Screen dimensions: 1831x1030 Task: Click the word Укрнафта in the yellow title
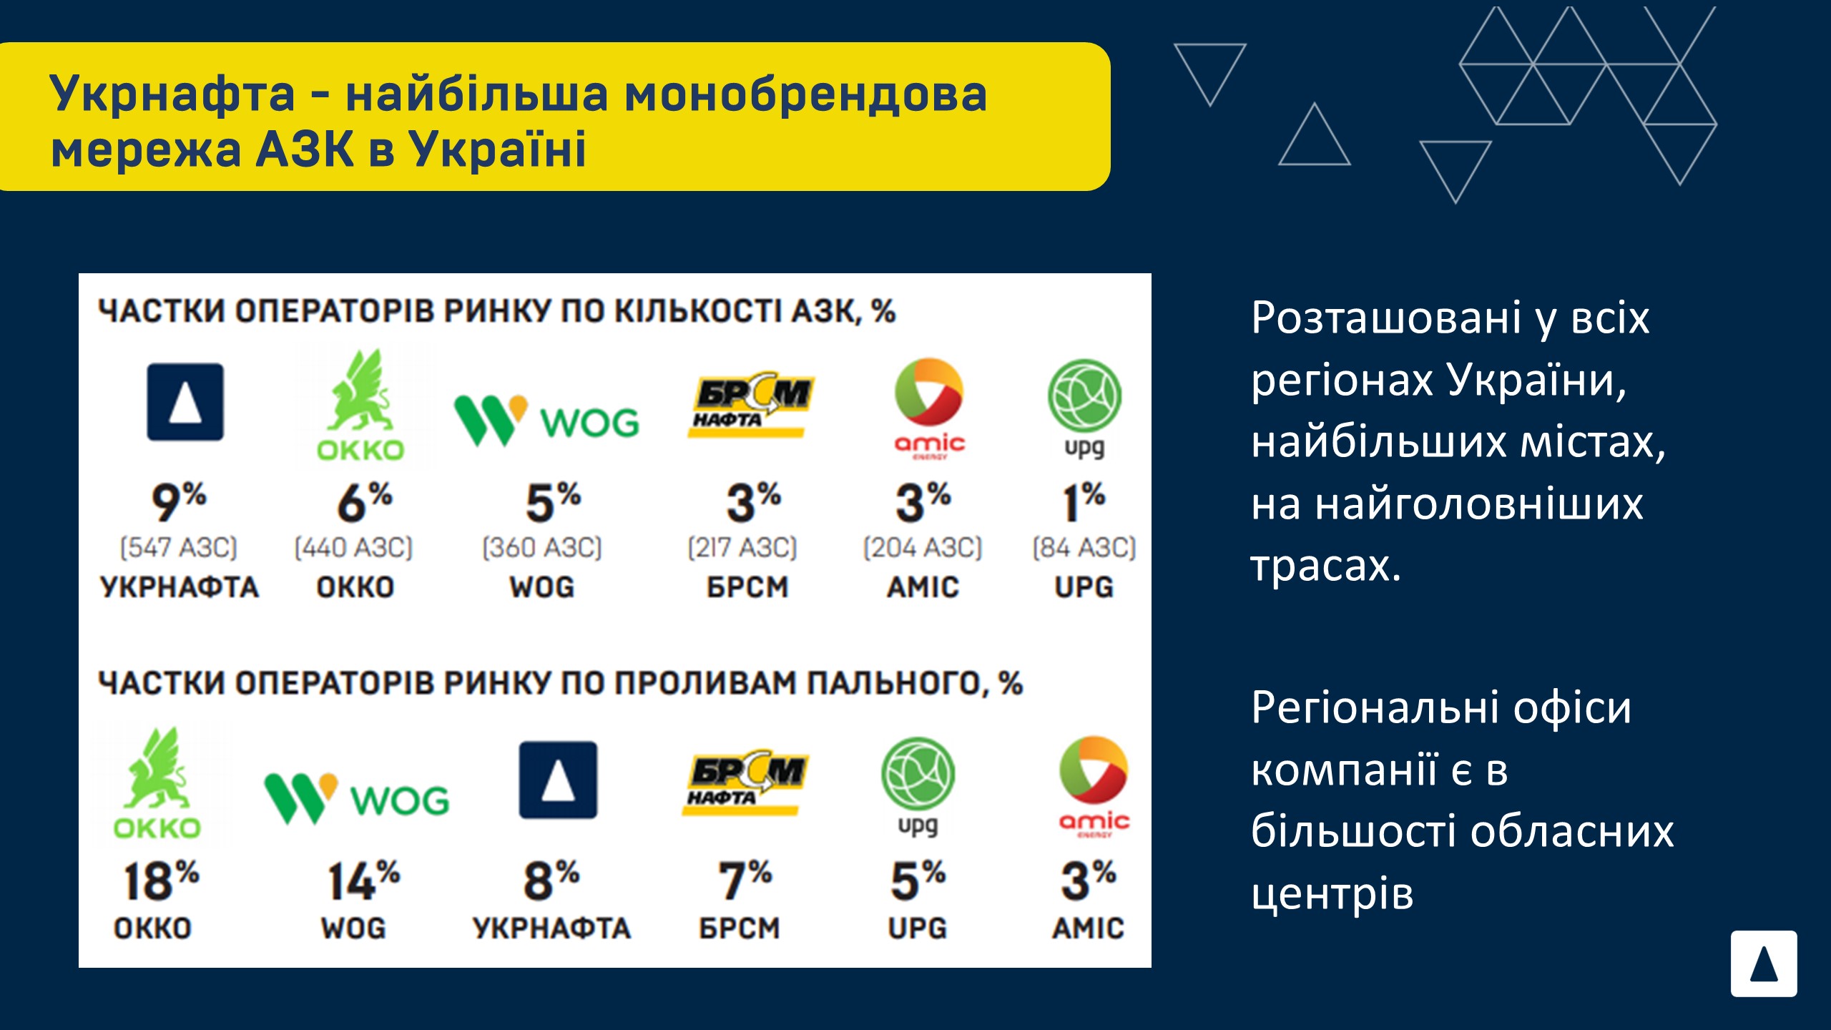tap(172, 94)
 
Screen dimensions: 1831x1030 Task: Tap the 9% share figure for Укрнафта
tap(179, 502)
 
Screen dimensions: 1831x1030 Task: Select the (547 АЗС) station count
tap(179, 549)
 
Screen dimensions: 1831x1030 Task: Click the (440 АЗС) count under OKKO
tap(354, 549)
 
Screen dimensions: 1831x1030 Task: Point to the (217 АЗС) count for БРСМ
tap(742, 549)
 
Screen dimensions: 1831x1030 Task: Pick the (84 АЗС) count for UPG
tap(1084, 549)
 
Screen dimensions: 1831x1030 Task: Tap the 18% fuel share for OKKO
tap(161, 881)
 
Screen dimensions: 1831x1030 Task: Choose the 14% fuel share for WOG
tap(363, 881)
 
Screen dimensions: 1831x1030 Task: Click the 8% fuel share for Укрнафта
tap(551, 881)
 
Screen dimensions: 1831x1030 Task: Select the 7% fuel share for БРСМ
tap(745, 881)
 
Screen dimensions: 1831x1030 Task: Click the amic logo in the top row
tap(929, 408)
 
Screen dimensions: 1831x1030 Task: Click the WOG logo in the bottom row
tap(356, 798)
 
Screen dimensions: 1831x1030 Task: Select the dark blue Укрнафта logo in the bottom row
tap(558, 780)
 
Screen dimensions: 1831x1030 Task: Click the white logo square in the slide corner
tap(1764, 963)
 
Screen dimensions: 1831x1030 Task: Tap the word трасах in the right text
tap(1325, 566)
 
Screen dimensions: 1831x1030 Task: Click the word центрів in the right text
tap(1332, 894)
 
